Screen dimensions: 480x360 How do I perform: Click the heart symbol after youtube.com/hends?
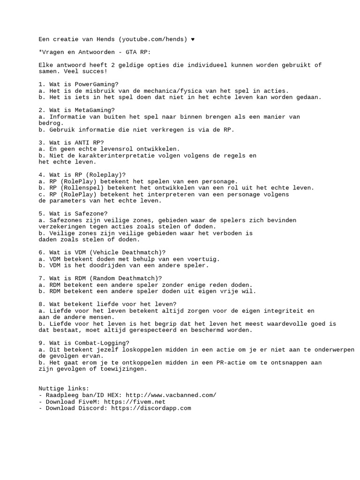click(193, 39)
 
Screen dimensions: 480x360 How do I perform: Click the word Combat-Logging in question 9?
click(103, 343)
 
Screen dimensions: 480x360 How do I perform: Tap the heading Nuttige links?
click(63, 389)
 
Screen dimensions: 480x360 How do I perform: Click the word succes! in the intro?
click(94, 71)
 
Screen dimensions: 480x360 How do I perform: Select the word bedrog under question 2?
click(50, 123)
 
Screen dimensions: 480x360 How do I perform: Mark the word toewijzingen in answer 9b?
click(123, 369)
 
